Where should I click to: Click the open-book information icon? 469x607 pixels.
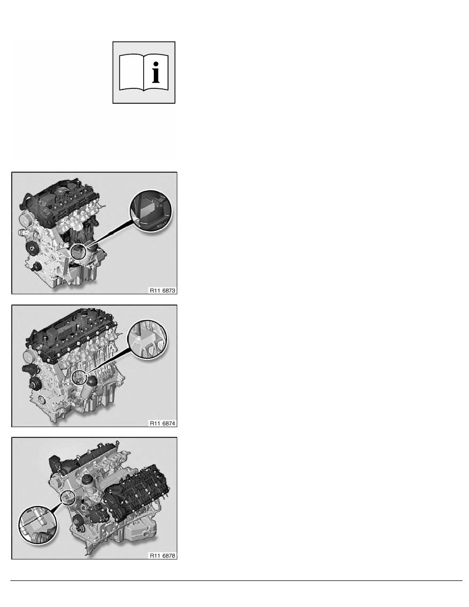tap(144, 73)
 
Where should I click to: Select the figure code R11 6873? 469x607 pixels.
tap(162, 290)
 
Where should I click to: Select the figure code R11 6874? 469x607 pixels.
tap(162, 423)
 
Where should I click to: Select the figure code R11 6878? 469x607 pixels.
tap(162, 555)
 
